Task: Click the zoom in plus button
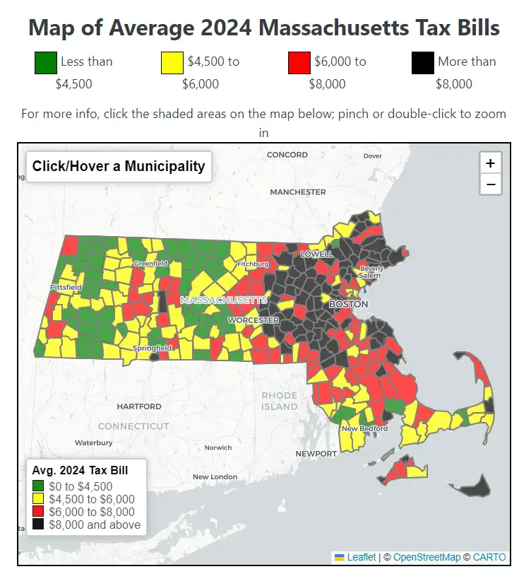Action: (x=490, y=163)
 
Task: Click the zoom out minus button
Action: (x=490, y=184)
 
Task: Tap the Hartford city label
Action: (x=139, y=406)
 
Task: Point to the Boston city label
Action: (x=349, y=304)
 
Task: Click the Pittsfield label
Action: (x=66, y=288)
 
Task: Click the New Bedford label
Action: (x=364, y=428)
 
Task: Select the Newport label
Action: (x=316, y=453)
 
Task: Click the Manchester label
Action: (x=298, y=192)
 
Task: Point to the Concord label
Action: (x=287, y=154)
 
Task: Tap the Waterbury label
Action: (x=94, y=443)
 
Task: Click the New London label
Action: (x=215, y=476)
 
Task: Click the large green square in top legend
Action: (x=46, y=63)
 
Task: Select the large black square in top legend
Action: (x=422, y=63)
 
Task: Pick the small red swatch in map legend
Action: (x=38, y=512)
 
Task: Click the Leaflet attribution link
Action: (x=361, y=557)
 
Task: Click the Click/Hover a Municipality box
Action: (x=118, y=167)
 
